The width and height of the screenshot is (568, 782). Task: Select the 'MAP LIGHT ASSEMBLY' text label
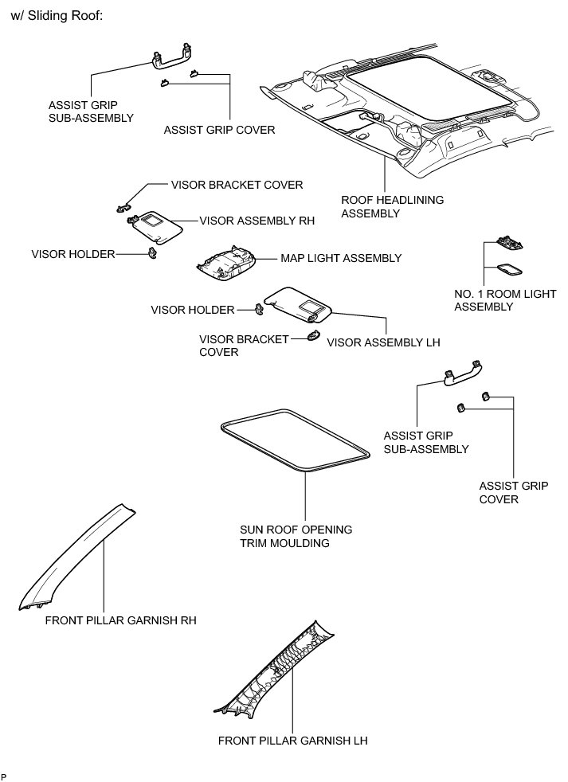340,259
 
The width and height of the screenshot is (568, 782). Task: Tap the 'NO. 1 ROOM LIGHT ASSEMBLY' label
505,300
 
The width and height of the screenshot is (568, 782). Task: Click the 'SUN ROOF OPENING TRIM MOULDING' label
296,537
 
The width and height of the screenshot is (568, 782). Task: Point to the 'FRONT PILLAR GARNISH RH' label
120,620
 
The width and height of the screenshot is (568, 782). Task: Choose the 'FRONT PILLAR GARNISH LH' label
292,740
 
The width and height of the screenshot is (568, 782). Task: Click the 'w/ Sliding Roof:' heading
57,15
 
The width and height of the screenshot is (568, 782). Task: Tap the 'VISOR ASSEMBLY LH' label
383,342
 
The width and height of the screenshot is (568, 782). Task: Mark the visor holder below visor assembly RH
151,253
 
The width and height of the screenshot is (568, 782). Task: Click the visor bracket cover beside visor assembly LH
312,337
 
